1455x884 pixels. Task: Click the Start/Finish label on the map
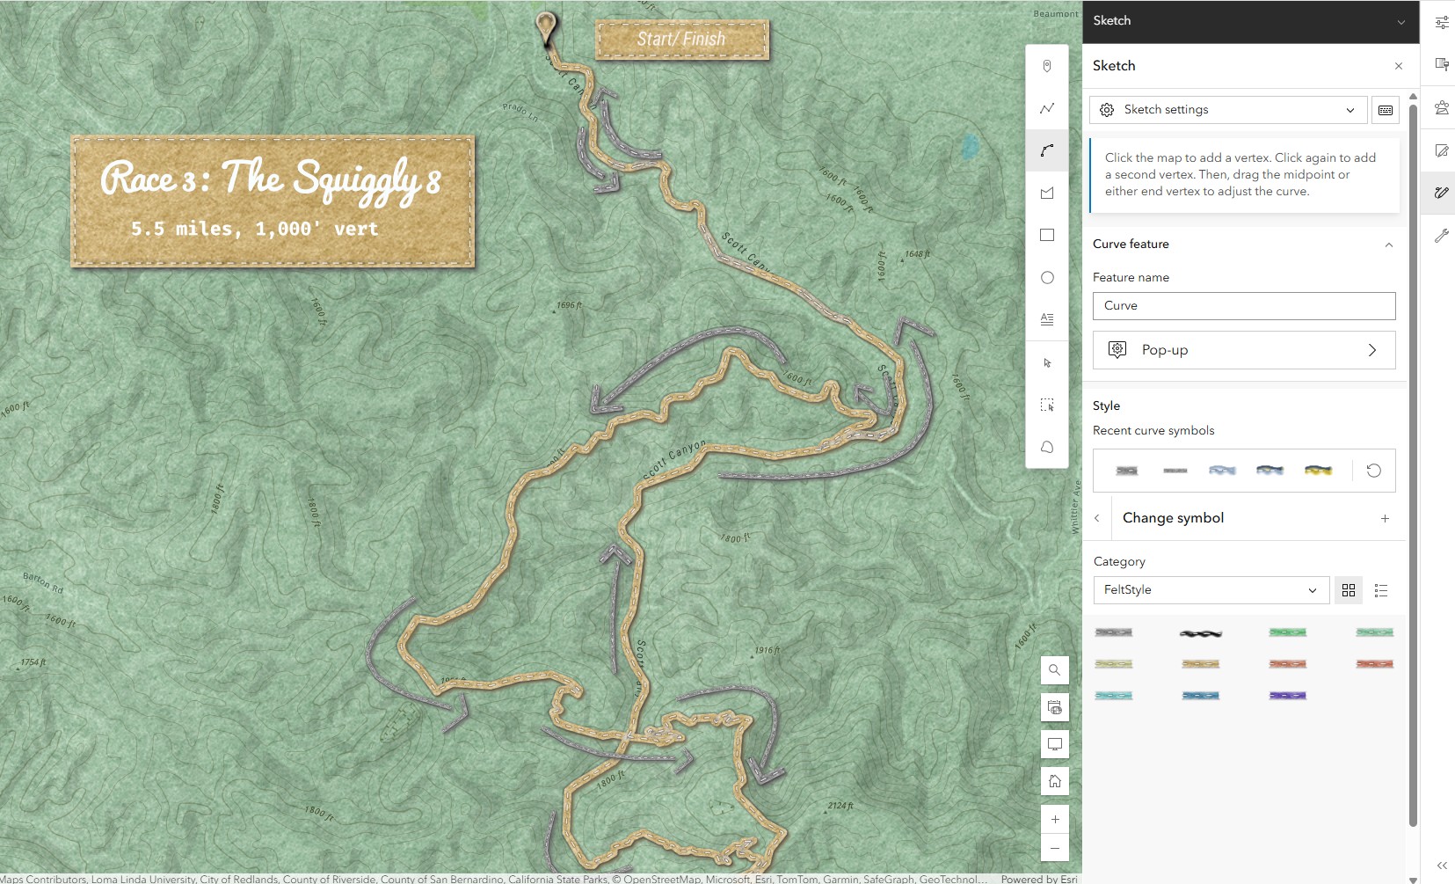point(681,40)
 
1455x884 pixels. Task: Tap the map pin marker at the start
point(546,26)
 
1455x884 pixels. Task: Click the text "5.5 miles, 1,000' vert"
point(254,230)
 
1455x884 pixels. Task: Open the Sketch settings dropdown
point(1227,110)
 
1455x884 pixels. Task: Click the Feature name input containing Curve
point(1243,306)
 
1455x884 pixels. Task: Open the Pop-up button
point(1243,350)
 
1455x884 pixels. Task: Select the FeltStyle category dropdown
point(1210,590)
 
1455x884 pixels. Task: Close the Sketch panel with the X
point(1398,66)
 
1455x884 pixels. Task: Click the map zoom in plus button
point(1055,820)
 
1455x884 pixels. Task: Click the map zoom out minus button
point(1055,849)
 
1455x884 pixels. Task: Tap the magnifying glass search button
point(1055,670)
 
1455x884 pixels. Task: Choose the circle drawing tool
point(1047,278)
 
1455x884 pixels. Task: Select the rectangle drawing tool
point(1047,236)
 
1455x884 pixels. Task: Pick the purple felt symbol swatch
point(1287,696)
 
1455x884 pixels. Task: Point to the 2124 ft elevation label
point(840,806)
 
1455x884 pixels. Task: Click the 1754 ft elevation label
point(33,662)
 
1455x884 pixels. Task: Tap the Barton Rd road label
point(43,582)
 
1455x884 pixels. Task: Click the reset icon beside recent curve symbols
point(1373,471)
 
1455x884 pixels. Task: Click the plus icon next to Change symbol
point(1385,519)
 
